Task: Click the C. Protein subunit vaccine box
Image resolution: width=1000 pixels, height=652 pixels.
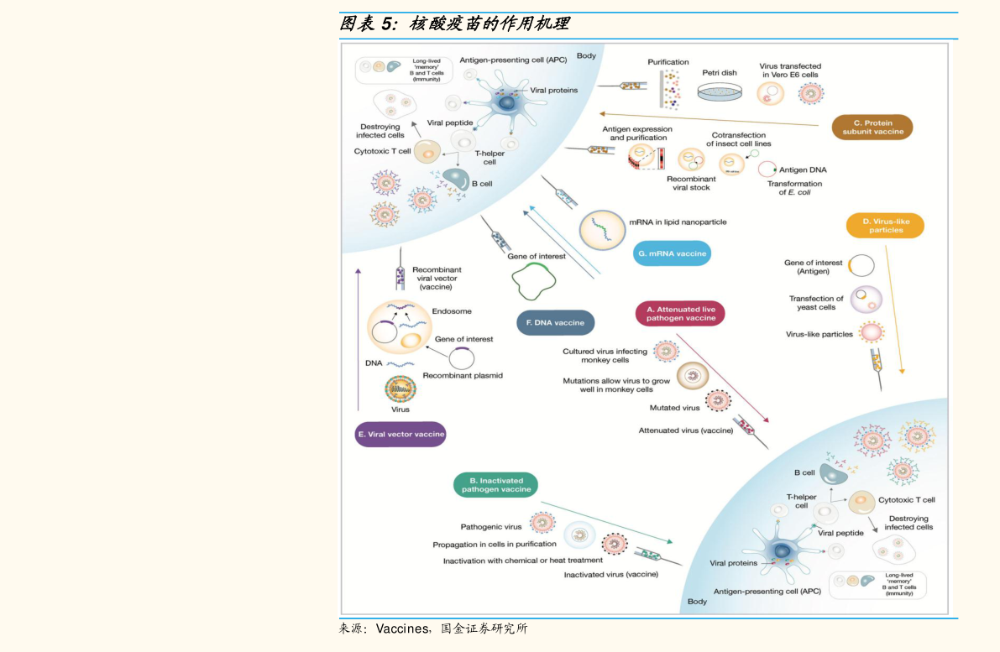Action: tap(872, 127)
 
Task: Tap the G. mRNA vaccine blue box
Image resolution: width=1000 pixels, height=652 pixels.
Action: tap(672, 253)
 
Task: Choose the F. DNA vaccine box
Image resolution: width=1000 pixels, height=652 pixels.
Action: tap(555, 322)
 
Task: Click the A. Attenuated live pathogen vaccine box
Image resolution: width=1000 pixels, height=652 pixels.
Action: tap(680, 314)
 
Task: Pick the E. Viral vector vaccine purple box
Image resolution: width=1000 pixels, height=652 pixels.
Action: tap(401, 435)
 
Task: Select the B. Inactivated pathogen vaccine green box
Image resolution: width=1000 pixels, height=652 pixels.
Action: tap(496, 485)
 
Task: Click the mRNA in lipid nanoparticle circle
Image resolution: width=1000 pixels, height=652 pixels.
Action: tap(604, 229)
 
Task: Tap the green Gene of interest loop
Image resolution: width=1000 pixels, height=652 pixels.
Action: tap(536, 281)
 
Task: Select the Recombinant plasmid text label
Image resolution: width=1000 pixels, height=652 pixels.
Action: tap(463, 376)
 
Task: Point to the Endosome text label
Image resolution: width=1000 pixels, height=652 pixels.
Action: tap(452, 311)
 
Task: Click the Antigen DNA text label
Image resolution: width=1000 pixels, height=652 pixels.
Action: tap(803, 170)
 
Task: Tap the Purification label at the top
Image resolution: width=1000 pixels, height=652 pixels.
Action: tap(668, 62)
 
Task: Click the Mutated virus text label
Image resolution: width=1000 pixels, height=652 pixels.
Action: tap(674, 408)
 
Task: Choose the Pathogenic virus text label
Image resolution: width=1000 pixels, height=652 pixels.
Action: tap(491, 527)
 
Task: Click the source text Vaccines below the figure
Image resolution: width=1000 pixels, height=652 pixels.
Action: tap(402, 629)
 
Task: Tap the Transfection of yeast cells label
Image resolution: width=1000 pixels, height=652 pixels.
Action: tap(816, 303)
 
